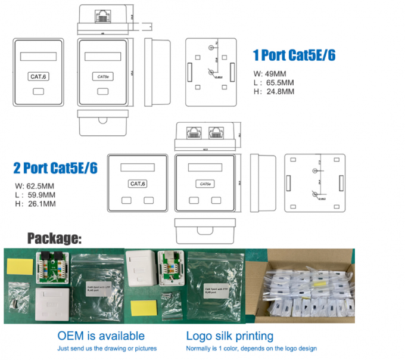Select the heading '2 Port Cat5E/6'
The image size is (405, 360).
pyautogui.click(x=55, y=167)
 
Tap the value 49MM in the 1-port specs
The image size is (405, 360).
pyautogui.click(x=276, y=73)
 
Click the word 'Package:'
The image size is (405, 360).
pyautogui.click(x=54, y=238)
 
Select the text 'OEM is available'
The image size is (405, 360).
pyautogui.click(x=101, y=336)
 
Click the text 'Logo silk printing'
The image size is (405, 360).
pyautogui.click(x=229, y=336)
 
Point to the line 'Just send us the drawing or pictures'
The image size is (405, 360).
pyautogui.click(x=107, y=349)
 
